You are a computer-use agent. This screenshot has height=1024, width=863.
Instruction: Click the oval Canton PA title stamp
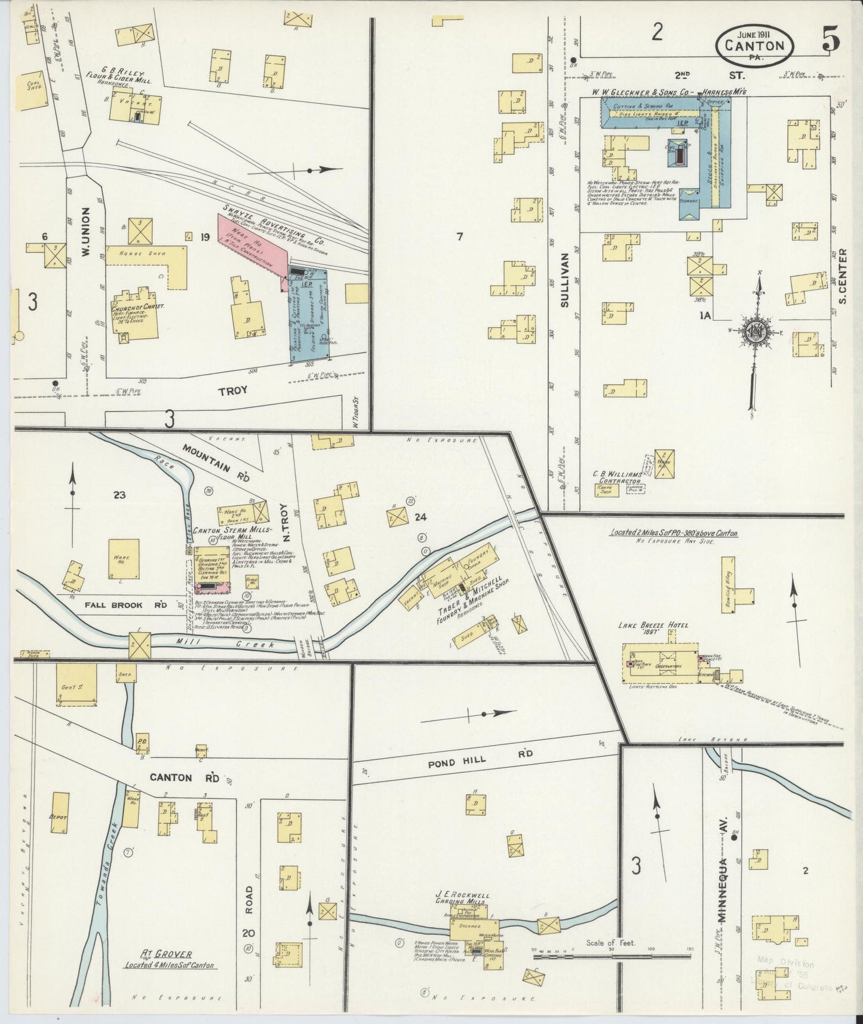[x=755, y=45]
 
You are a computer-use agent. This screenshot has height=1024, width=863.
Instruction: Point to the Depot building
[x=60, y=816]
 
